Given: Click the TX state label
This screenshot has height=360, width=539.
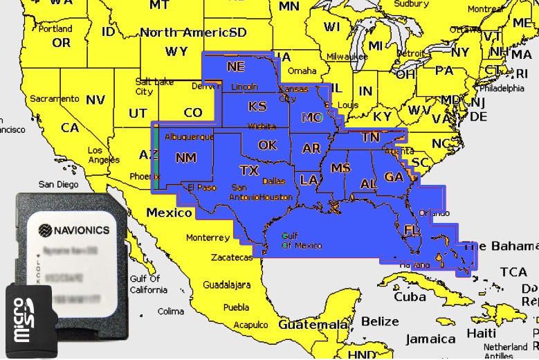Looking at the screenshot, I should coord(248,170).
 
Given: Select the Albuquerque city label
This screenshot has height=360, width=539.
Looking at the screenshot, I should coord(189,137).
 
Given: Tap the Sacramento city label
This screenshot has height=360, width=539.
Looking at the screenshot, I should coord(54,99).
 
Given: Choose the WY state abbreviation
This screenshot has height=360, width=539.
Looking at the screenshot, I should coord(176,51).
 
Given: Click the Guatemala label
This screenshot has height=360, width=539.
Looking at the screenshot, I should coord(312,324).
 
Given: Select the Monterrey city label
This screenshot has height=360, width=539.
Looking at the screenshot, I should coord(208,237).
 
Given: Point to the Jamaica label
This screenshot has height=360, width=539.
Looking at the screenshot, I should coord(431,339).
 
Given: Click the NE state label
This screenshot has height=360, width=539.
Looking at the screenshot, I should coord(236,66).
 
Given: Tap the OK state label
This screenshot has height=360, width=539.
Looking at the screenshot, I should coord(267,145).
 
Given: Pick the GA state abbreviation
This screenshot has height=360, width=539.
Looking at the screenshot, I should coord(394,177).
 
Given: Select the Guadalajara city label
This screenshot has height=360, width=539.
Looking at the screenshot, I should coord(227,285).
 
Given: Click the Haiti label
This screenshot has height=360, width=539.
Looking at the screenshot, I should coord(482,333).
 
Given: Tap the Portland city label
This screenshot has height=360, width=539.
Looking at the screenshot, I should coord(55,29).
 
